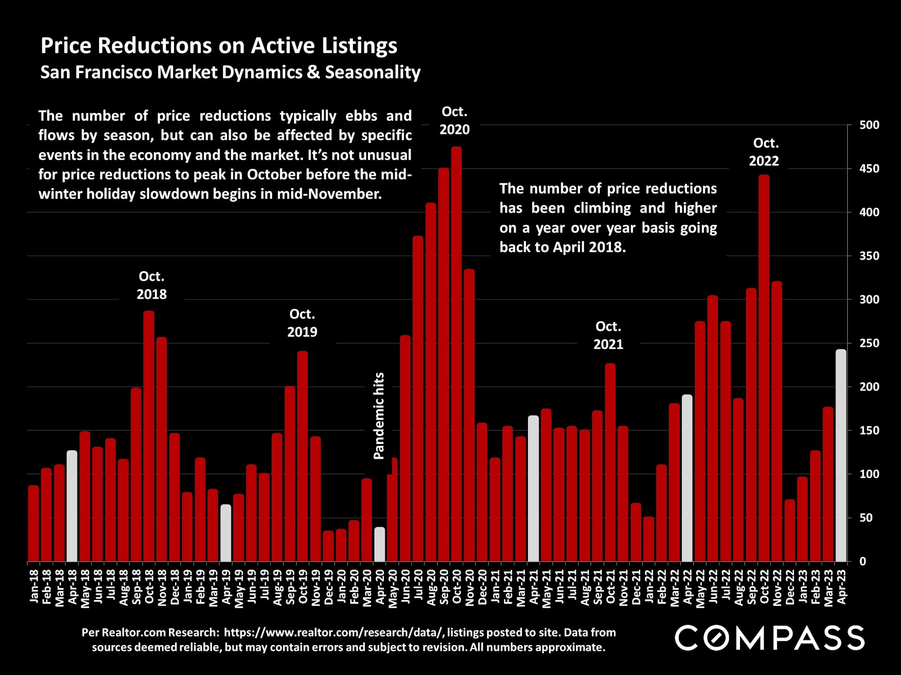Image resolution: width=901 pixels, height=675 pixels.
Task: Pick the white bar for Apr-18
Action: (x=72, y=506)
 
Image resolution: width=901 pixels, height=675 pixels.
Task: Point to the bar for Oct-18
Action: (x=149, y=436)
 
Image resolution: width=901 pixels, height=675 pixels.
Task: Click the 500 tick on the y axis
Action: (x=869, y=125)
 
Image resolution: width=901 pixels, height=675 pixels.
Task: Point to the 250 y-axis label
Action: (x=869, y=344)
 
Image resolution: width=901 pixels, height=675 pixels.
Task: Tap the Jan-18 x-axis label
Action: (x=34, y=586)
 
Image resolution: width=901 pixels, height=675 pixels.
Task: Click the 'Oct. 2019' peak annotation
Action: (x=302, y=323)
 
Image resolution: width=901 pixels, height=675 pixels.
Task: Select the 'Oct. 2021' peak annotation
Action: (x=608, y=335)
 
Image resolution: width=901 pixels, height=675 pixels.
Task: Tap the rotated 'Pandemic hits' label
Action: (x=379, y=416)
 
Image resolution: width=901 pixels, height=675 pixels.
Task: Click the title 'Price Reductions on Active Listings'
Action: (x=219, y=46)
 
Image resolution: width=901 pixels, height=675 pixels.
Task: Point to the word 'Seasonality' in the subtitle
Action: (x=373, y=73)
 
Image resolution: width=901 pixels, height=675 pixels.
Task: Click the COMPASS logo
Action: (x=769, y=638)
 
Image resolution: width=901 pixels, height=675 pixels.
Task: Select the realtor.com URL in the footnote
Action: (x=333, y=632)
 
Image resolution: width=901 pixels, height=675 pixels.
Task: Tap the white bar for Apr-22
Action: (x=687, y=478)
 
